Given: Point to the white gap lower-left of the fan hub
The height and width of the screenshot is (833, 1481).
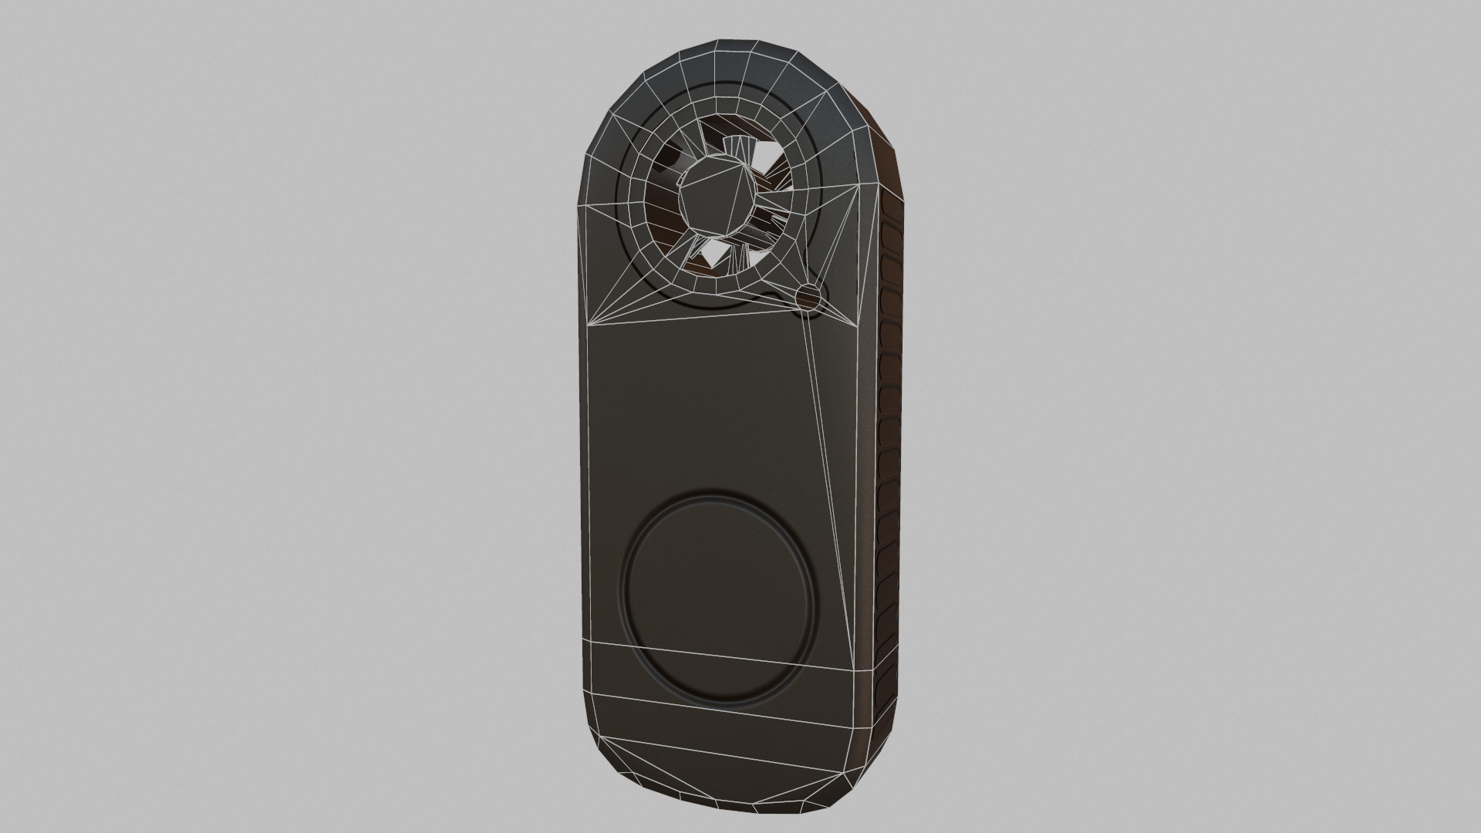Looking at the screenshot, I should pyautogui.click(x=709, y=249).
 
